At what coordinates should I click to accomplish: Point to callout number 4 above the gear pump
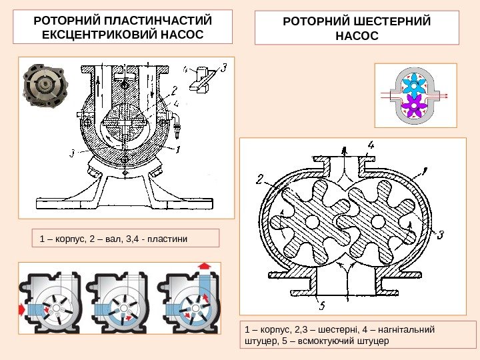(x=371, y=145)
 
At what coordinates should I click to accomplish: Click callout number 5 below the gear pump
(x=322, y=307)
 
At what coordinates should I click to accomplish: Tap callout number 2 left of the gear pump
(x=259, y=179)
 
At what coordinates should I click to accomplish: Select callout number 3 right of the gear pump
(x=440, y=234)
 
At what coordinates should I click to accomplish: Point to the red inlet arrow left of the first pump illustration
(x=23, y=308)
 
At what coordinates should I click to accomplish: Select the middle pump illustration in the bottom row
(x=119, y=302)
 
